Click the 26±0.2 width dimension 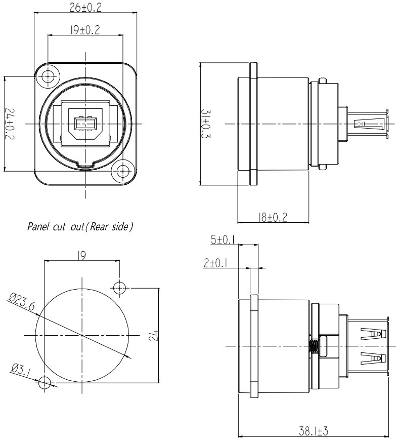pyautogui.click(x=84, y=8)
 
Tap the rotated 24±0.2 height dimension pyautogui.click(x=12, y=124)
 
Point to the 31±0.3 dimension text pyautogui.click(x=210, y=124)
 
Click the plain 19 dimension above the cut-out pyautogui.click(x=81, y=256)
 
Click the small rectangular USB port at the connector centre pyautogui.click(x=85, y=124)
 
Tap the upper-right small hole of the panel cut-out pyautogui.click(x=119, y=288)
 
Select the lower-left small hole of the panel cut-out pyautogui.click(x=45, y=382)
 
